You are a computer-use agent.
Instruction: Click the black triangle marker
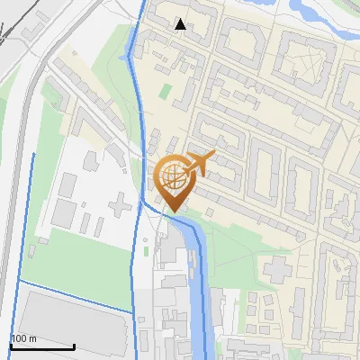181,24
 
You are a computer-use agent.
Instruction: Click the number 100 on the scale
19,338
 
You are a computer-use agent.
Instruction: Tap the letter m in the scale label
32,338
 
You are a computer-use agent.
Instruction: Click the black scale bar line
42,346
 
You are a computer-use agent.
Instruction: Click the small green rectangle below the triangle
166,90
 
